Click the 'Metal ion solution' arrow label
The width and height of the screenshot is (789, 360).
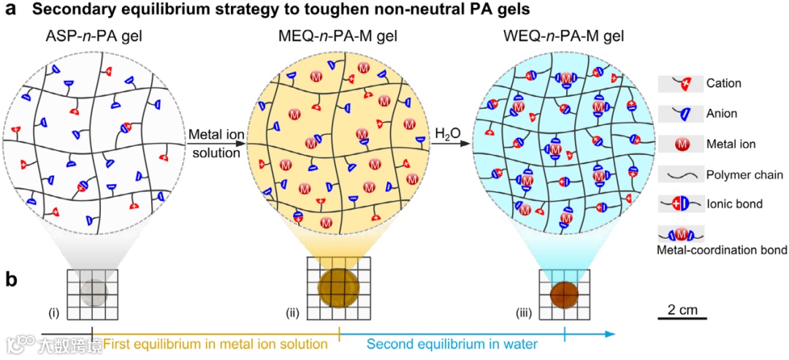pyautogui.click(x=214, y=144)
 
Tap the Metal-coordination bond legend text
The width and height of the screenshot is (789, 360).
pyautogui.click(x=721, y=250)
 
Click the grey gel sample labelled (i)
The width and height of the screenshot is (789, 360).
pyautogui.click(x=93, y=292)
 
